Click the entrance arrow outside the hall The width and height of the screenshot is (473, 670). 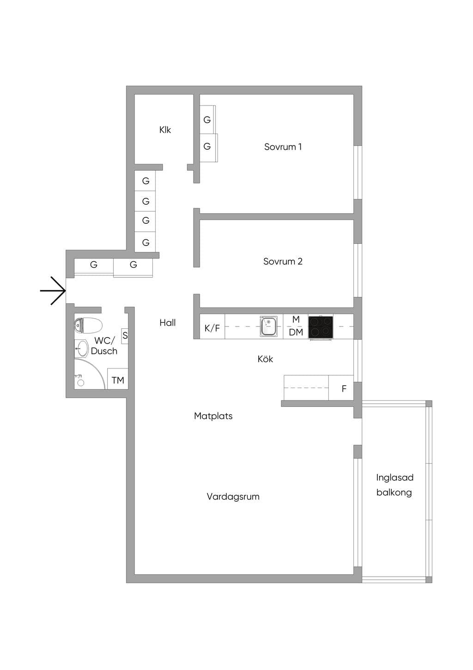tap(53, 290)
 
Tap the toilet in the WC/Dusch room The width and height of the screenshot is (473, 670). tap(88, 325)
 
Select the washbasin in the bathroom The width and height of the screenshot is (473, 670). tap(81, 349)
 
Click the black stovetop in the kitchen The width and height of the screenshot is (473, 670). tap(321, 327)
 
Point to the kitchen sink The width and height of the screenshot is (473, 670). tap(269, 326)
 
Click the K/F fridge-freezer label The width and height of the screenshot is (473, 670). tap(212, 328)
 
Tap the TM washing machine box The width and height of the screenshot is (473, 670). tap(118, 379)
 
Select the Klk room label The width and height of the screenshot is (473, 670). tap(165, 130)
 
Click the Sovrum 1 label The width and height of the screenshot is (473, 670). tap(283, 147)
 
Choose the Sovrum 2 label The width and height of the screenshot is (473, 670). tap(283, 261)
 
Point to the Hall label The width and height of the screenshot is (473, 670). tap(168, 323)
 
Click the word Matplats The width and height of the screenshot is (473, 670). tap(213, 416)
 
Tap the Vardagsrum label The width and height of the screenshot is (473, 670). tap(233, 497)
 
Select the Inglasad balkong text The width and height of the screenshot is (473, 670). tap(395, 485)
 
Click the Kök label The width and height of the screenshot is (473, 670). tap(265, 359)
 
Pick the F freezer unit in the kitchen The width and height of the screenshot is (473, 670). tap(341, 388)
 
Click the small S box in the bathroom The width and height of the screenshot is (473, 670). tap(125, 336)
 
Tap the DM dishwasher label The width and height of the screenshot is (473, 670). tap(296, 332)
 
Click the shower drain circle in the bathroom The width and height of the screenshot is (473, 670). tap(81, 382)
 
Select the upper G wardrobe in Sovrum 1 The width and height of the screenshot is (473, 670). tap(207, 120)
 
